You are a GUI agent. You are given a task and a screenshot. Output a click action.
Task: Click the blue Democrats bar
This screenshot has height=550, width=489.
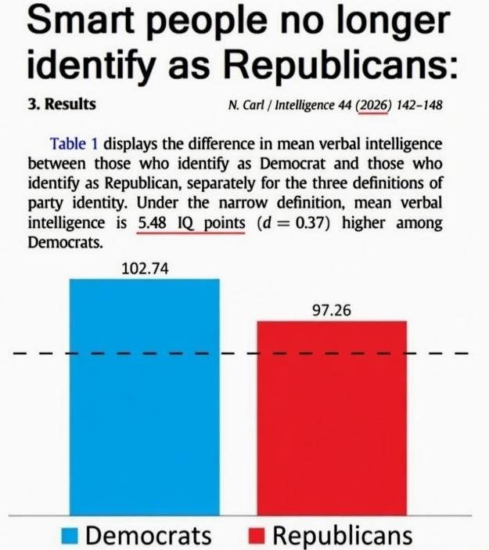click(145, 397)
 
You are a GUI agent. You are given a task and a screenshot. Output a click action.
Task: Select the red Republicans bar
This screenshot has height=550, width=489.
click(332, 418)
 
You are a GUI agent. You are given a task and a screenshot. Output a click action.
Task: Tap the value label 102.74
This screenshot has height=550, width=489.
click(145, 269)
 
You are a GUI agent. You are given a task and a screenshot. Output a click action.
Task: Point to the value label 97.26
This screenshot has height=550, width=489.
click(332, 310)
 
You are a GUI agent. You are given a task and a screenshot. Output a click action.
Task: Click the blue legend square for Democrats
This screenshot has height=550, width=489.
click(70, 536)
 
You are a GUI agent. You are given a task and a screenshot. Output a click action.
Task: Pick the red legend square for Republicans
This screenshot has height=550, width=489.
click(257, 536)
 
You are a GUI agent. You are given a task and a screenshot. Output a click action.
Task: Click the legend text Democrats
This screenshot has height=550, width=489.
click(149, 536)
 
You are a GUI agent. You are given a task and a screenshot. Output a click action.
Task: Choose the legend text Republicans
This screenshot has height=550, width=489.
click(342, 536)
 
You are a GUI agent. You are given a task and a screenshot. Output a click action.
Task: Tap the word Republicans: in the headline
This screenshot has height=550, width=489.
click(341, 65)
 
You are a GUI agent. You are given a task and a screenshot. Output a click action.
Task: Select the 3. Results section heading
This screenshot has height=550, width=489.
click(62, 104)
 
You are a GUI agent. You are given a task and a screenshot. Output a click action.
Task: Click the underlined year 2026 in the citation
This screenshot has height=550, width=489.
click(372, 105)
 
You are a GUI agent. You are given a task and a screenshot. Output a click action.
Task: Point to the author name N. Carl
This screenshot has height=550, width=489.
click(246, 104)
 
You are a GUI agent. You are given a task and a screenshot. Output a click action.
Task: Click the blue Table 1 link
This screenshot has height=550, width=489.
click(74, 144)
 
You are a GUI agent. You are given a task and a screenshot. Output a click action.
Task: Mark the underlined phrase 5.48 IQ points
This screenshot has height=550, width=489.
click(191, 223)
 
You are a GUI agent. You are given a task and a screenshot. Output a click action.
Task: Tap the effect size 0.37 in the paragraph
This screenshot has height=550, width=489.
click(310, 223)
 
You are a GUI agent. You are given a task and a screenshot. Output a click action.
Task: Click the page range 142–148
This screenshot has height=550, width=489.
click(419, 105)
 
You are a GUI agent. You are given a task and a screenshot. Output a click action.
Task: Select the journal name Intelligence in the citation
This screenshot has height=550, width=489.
click(304, 105)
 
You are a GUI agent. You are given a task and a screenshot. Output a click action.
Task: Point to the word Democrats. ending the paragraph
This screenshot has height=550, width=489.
click(66, 242)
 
